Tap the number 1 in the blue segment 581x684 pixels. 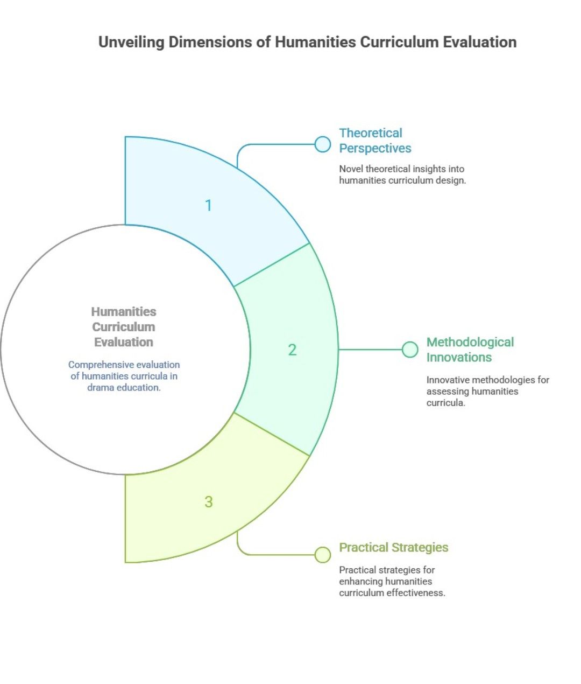pyautogui.click(x=209, y=206)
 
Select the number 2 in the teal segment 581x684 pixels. pyautogui.click(x=292, y=350)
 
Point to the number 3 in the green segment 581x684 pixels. pyautogui.click(x=209, y=502)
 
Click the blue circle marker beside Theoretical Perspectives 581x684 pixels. pyautogui.click(x=323, y=144)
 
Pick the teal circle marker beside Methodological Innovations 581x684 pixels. pyautogui.click(x=410, y=350)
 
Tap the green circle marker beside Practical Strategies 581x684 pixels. pyautogui.click(x=323, y=555)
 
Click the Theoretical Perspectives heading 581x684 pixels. pyautogui.click(x=375, y=141)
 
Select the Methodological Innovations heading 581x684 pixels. pyautogui.click(x=470, y=350)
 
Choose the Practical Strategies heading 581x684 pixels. pyautogui.click(x=394, y=548)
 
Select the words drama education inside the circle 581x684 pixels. pyautogui.click(x=124, y=387)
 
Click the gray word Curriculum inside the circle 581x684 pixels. pyautogui.click(x=124, y=327)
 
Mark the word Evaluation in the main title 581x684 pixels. pyautogui.click(x=479, y=43)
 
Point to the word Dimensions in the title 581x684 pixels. pyautogui.click(x=210, y=43)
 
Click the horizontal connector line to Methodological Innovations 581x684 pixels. pyautogui.click(x=370, y=350)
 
